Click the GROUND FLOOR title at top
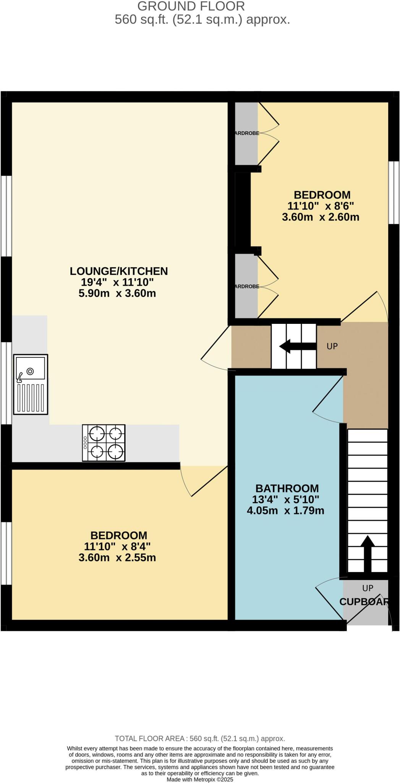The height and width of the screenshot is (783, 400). (191, 6)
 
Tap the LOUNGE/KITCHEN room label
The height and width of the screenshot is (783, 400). (118, 271)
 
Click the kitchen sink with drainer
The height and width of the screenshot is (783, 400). (31, 384)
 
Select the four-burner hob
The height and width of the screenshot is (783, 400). (104, 443)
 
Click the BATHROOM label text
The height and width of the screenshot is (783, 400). (287, 488)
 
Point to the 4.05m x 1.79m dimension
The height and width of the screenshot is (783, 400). (285, 510)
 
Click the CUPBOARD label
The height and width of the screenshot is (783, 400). (364, 601)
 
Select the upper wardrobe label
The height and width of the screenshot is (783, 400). (246, 133)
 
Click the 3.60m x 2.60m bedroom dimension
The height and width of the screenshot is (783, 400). (321, 217)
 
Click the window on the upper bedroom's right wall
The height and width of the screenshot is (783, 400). (394, 192)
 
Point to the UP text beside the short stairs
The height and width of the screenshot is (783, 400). (332, 346)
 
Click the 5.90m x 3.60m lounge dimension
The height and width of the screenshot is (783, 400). (117, 294)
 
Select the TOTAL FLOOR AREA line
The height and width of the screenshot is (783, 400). (200, 739)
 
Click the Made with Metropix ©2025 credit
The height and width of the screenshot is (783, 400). (200, 779)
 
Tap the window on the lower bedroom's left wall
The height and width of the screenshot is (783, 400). (6, 553)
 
